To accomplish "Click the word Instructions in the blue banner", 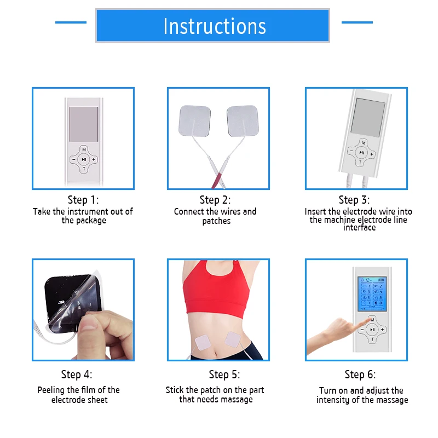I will click(215, 26).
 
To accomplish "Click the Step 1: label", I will click(83, 200).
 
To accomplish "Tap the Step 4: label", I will click(77, 374).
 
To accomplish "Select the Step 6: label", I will click(360, 374).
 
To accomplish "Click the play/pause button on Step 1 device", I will click(83, 160).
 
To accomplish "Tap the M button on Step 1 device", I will click(84, 149).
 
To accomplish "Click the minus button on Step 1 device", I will click(73, 160).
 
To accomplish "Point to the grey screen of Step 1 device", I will click(84, 123).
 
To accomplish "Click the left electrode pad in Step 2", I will click(195, 120).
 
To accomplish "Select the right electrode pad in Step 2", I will click(242, 120).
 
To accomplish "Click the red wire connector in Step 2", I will click(218, 176).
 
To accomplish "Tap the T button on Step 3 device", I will click(359, 163).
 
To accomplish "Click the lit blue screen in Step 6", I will click(371, 294).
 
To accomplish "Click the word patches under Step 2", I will click(216, 221).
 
